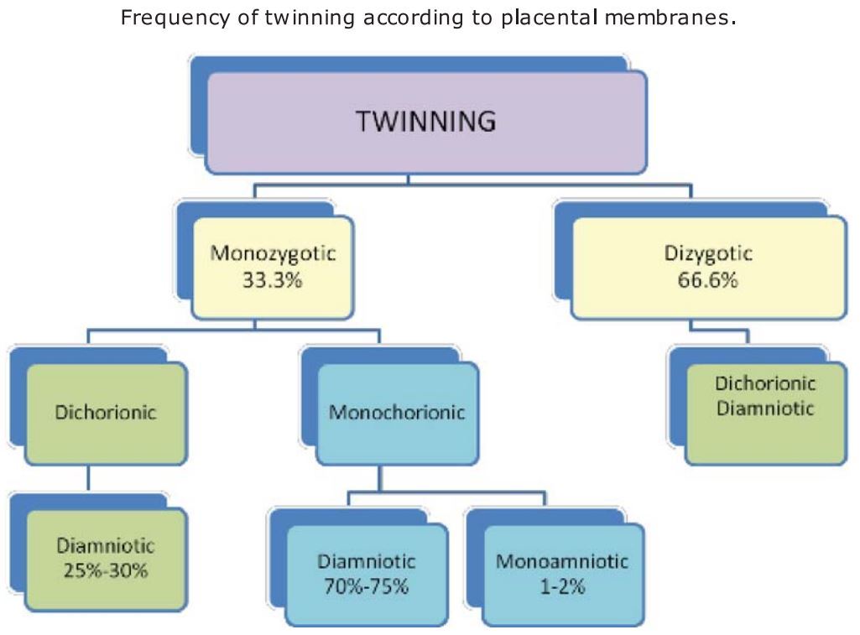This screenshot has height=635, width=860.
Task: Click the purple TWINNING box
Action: point(425,122)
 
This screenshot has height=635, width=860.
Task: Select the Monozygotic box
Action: point(272,266)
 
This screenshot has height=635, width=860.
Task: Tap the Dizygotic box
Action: point(709,266)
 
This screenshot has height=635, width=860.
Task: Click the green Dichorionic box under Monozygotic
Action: point(106,413)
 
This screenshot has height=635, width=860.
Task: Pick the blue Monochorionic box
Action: point(397,413)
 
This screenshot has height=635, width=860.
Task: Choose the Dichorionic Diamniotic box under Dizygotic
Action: point(764,411)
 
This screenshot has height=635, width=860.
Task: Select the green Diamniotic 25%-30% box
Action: point(106,559)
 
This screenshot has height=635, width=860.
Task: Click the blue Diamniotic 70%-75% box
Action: point(366,574)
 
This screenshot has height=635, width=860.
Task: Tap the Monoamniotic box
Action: point(561,574)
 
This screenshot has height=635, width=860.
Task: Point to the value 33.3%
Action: point(272,279)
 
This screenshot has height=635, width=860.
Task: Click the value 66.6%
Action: point(708,279)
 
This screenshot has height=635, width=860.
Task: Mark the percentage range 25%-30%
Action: point(106,571)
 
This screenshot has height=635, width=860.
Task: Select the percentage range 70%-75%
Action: point(366,586)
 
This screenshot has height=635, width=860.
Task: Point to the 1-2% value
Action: point(561,586)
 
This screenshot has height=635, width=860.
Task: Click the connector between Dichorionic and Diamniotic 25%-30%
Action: point(89,478)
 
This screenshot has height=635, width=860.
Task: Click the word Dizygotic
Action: point(708,252)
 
